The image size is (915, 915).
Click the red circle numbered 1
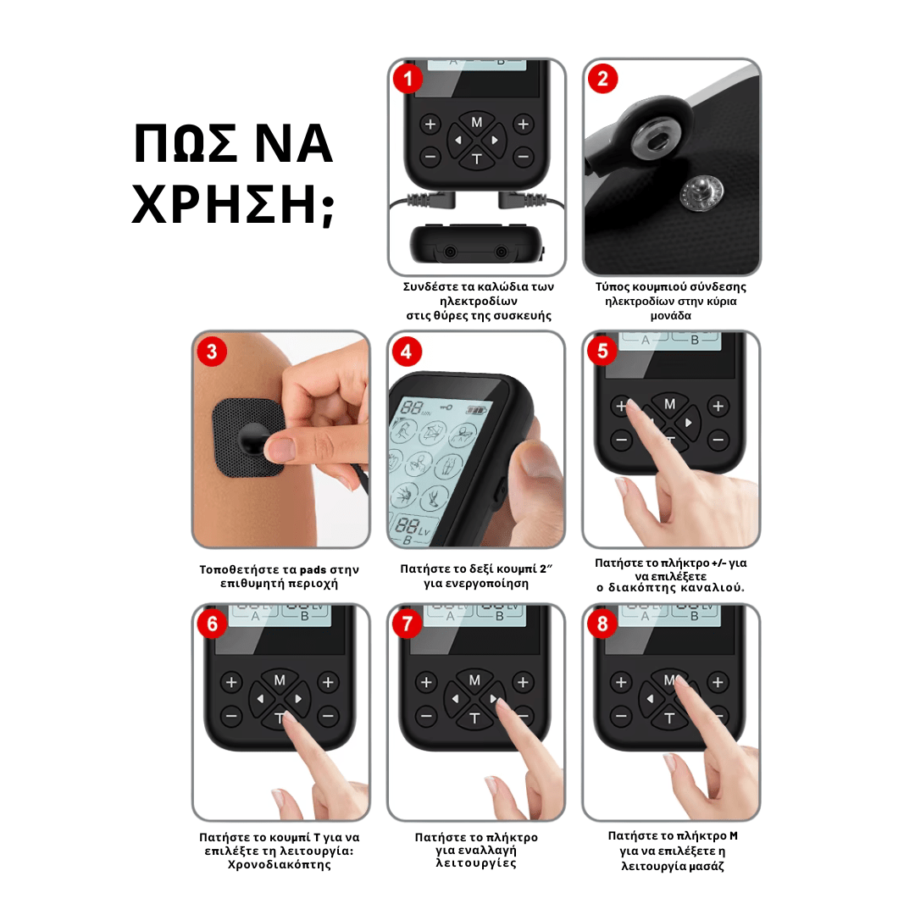point(408,80)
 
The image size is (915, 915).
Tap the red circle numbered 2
point(603,80)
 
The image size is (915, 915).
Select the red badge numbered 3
point(212,352)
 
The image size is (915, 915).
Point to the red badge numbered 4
point(407,352)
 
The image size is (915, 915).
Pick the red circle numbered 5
point(603,352)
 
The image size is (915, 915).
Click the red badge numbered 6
point(212,624)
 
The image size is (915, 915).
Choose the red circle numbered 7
point(408,624)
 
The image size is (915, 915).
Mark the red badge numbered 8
point(603,624)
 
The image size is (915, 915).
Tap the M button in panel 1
point(476,122)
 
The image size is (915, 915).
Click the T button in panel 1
point(476,158)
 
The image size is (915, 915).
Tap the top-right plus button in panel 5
point(718,406)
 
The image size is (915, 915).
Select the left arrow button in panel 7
point(455,699)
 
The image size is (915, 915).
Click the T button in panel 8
point(669,718)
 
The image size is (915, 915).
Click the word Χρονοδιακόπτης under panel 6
point(280,865)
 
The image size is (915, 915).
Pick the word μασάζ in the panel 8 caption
point(708,866)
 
